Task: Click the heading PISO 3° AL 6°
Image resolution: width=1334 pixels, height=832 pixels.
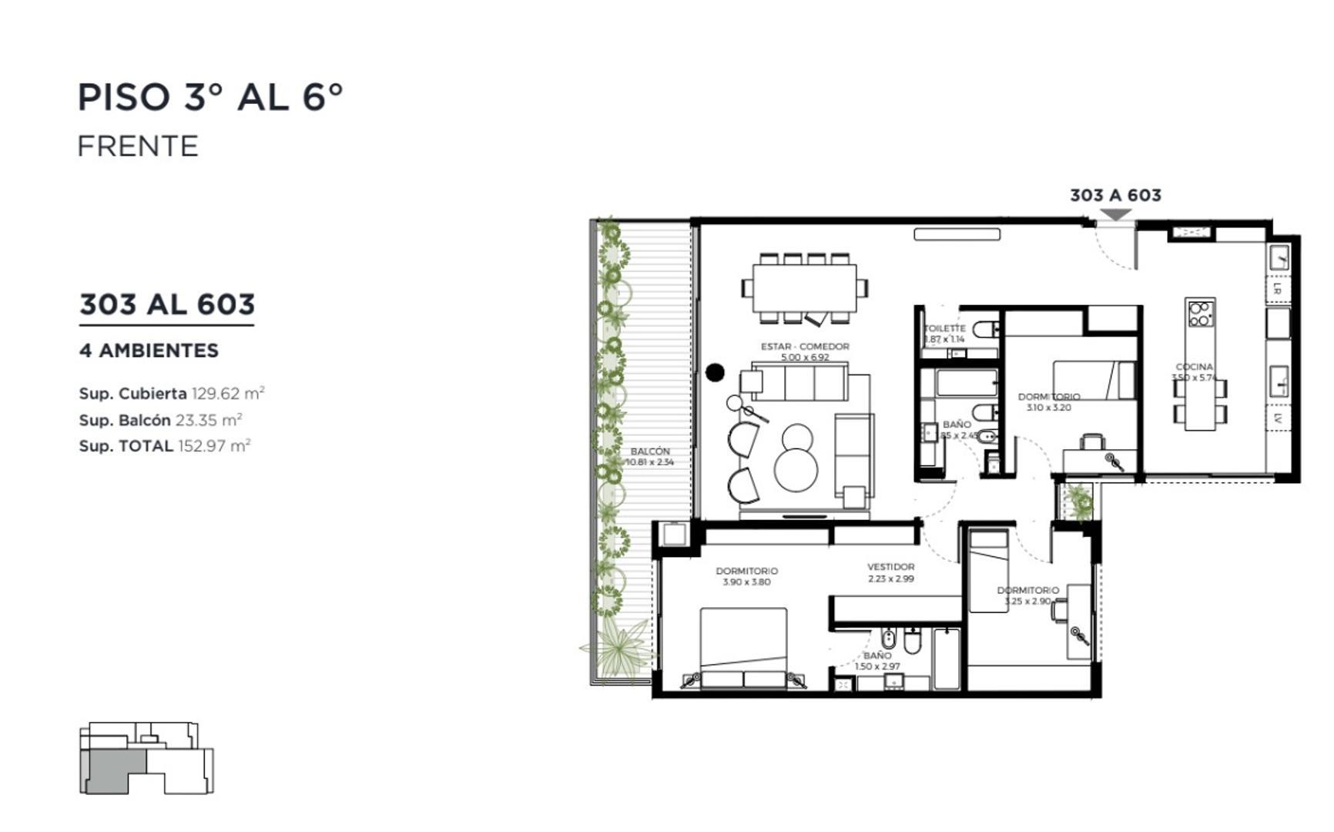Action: coord(209,98)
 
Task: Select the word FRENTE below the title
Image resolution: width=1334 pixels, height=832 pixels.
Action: coord(138,146)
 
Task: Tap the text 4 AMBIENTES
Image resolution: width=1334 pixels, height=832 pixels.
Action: coord(149,351)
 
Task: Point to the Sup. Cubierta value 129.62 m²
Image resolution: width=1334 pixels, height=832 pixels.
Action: coord(228,394)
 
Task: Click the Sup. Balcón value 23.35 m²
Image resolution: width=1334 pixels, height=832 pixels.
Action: coord(209,420)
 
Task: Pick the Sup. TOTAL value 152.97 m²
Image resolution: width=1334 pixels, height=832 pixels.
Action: coord(214,446)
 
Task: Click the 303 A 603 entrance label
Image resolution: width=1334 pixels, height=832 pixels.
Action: coord(1115,196)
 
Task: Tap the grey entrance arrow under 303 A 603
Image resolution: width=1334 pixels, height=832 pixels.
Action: coord(1114,215)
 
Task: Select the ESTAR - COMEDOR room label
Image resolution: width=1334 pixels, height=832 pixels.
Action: coord(805,347)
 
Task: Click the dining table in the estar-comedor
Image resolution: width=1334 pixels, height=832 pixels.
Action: coord(805,287)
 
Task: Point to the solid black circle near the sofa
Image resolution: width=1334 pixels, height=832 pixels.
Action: coord(715,373)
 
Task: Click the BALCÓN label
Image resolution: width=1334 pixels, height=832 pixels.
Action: coord(650,451)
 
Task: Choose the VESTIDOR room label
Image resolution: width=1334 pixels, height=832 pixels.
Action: coord(890,567)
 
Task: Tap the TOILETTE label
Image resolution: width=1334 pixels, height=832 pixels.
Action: coord(944,328)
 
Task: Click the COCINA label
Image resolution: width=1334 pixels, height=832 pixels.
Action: coord(1194,367)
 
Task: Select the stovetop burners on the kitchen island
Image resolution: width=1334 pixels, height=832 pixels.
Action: coord(1200,314)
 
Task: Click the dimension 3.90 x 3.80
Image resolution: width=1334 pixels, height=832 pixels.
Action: coord(746,582)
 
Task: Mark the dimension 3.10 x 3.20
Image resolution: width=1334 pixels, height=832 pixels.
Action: coord(1048,408)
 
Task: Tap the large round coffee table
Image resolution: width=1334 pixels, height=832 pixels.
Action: coord(796,469)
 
